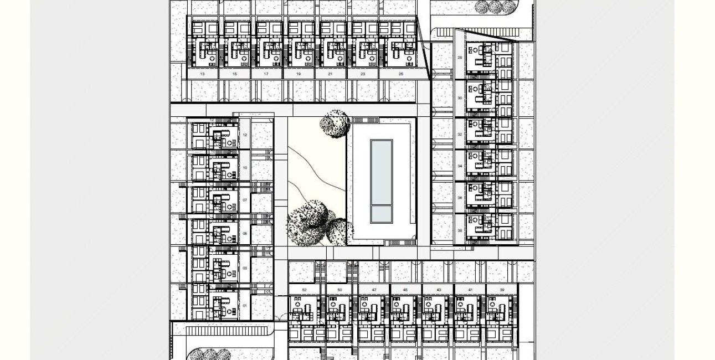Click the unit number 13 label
pos(202,74)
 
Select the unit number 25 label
pos(401,74)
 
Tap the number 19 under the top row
pos(299,74)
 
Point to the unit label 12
pos(245,135)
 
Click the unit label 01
pos(245,305)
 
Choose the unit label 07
pos(245,200)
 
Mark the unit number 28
pos(460,57)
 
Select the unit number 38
pos(460,230)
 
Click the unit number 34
pos(460,166)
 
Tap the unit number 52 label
pos(305,290)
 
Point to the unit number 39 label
pos(502,290)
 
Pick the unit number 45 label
pos(405,290)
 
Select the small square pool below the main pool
pos(381,214)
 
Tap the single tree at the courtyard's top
pos(335,123)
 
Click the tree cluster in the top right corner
pos(496,7)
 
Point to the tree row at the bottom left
pos(210,354)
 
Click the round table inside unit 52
pos(297,304)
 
